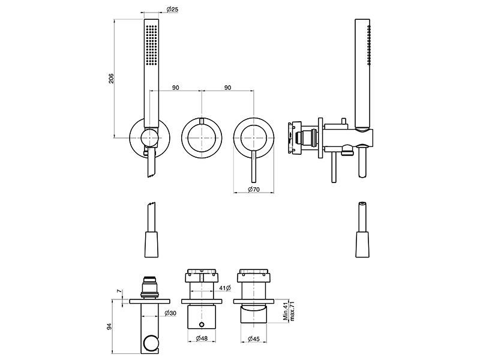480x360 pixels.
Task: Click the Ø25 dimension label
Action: (172, 9)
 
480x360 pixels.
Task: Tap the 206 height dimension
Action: (111, 79)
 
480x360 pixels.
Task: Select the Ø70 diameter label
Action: (254, 190)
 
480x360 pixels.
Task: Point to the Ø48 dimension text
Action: (202, 338)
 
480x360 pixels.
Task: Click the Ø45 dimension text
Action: (254, 338)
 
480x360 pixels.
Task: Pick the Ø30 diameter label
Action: (170, 313)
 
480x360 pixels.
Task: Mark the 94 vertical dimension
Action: (109, 326)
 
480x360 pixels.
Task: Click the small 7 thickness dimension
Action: (119, 291)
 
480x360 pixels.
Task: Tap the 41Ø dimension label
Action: (225, 288)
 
